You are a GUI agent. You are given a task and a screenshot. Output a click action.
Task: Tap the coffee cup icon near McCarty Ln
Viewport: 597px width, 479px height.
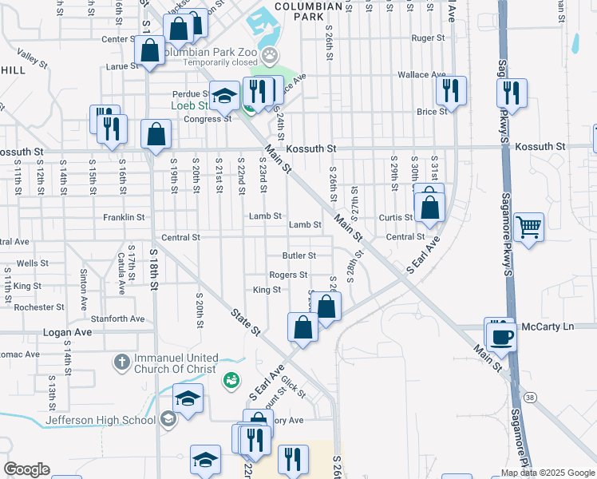501,335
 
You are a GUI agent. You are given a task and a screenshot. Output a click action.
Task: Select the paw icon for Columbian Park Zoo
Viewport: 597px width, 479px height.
272,55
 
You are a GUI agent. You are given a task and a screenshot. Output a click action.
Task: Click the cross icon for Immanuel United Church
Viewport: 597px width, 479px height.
121,362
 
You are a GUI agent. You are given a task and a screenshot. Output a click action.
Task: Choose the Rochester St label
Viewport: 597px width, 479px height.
39,307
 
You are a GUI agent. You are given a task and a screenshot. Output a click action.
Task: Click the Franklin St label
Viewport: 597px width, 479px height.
124,216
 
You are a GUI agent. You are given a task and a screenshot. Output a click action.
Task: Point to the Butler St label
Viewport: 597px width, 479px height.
299,255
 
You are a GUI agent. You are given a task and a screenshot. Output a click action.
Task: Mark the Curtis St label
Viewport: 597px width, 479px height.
395,217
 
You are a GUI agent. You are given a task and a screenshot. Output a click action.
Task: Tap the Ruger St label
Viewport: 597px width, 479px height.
428,38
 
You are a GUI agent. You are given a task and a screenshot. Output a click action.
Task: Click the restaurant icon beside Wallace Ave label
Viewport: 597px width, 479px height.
453,90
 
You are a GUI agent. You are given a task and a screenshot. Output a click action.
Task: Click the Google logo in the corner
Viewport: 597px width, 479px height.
26,469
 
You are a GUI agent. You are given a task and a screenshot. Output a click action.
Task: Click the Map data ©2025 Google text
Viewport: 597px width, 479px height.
548,473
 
